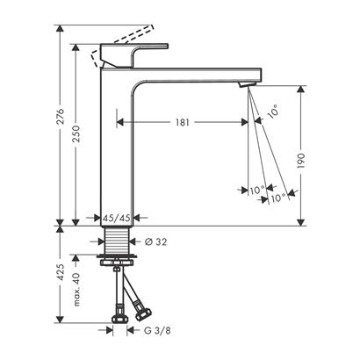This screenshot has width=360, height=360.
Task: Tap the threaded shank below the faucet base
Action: coord(116,241)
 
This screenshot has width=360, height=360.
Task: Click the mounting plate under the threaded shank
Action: coord(116,261)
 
